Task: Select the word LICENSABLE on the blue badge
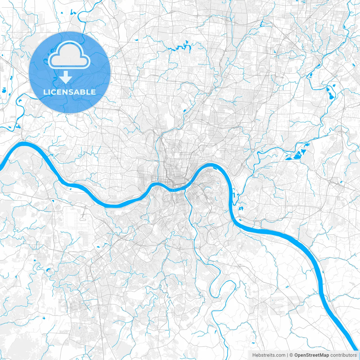click(69, 92)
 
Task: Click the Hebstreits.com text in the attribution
click(269, 355)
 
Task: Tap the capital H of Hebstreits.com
click(254, 355)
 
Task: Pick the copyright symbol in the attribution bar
click(291, 355)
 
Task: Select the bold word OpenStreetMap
click(312, 355)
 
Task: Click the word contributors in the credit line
click(343, 355)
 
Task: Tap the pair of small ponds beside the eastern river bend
click(240, 209)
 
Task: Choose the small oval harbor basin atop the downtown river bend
click(215, 168)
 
